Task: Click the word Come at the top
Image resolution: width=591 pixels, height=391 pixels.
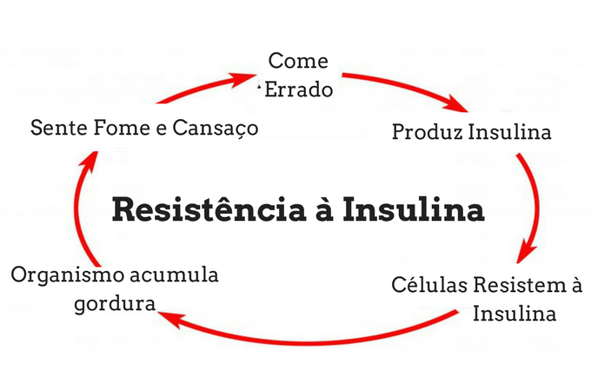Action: (298, 61)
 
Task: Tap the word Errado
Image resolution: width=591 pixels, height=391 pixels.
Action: (298, 89)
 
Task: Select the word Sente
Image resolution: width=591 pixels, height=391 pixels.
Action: (59, 128)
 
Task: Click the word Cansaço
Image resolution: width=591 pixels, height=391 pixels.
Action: (216, 129)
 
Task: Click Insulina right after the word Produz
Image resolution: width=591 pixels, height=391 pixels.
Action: (509, 132)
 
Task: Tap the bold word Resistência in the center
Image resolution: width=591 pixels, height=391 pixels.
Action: (209, 209)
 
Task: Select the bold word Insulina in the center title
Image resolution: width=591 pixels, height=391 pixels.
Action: (414, 209)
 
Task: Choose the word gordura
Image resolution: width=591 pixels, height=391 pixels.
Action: (115, 304)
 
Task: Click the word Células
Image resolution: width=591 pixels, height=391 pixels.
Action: (429, 285)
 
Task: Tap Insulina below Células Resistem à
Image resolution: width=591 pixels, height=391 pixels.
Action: (515, 314)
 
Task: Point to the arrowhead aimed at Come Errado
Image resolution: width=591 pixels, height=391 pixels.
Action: (243, 78)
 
